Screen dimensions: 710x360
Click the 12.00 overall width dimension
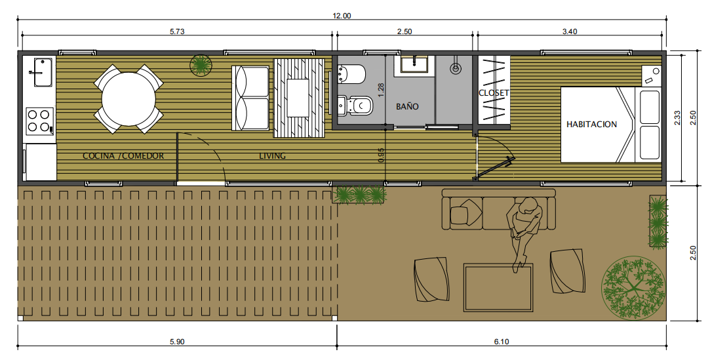pos(342,16)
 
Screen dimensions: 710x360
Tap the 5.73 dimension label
pos(177,31)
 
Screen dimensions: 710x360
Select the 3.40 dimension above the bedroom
pos(570,31)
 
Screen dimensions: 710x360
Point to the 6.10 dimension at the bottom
pos(502,342)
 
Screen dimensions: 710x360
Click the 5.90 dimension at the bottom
pos(177,342)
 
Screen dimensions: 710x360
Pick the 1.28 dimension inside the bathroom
pos(381,90)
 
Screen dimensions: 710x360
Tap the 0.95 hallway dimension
pos(381,155)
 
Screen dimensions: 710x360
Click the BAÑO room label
pos(407,106)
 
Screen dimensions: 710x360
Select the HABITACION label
pos(591,124)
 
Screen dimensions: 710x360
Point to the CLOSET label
pos(494,93)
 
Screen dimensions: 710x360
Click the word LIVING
pos(272,156)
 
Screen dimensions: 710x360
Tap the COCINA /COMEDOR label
pos(123,156)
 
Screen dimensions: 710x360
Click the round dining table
pos(128,99)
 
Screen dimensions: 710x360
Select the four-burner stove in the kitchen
pos(40,121)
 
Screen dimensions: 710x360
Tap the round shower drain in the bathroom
pos(456,68)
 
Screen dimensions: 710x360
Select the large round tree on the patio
pos(633,289)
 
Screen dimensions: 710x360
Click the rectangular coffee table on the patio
pos(498,288)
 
